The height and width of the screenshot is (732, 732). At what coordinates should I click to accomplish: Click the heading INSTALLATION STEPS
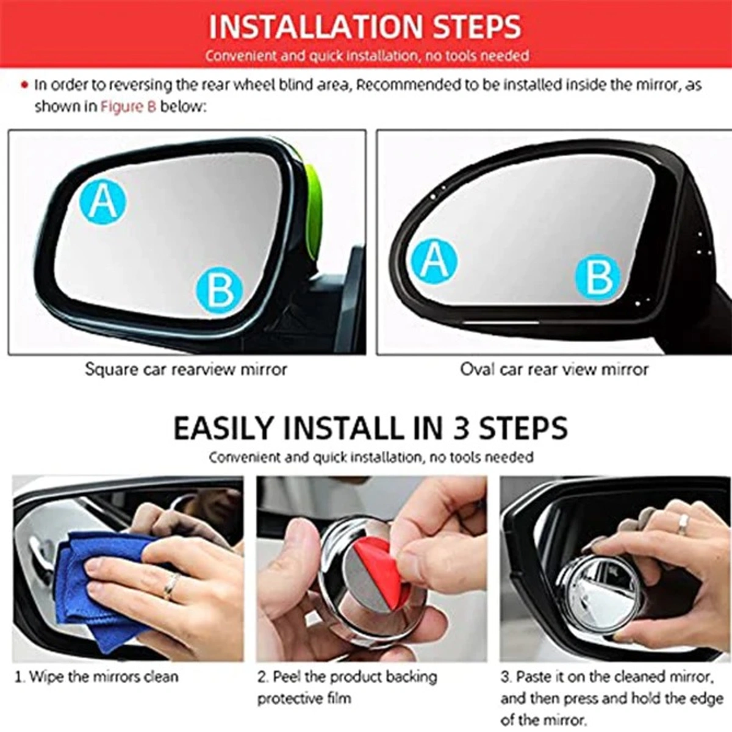tap(365, 27)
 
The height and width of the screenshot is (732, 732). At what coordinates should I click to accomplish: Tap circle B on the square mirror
tap(220, 291)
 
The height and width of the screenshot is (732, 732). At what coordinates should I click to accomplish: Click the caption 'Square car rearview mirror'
tap(185, 370)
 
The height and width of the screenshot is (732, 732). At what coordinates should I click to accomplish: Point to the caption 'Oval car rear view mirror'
tap(554, 370)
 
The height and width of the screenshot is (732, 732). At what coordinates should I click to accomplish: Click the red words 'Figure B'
tap(128, 107)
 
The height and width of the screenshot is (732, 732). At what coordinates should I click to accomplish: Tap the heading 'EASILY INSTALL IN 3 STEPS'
tap(370, 428)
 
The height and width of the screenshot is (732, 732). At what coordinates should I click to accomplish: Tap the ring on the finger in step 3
tap(683, 523)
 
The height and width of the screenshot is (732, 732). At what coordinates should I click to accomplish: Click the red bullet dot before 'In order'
tap(24, 85)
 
